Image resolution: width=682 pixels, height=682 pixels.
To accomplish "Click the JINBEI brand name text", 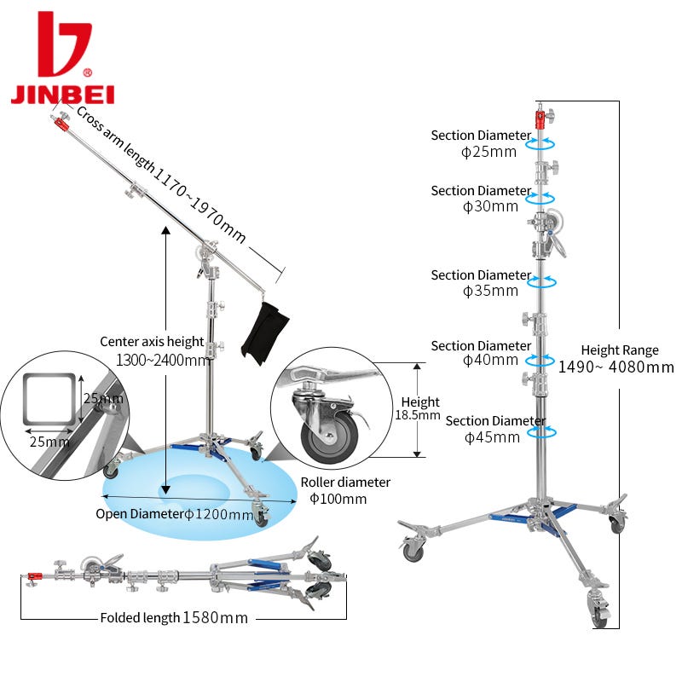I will point(62,93).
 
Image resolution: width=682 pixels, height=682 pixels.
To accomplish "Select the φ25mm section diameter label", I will point(489,153).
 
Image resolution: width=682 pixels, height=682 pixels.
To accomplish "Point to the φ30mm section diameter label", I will point(490,206).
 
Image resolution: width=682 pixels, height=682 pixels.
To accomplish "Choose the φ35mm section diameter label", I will point(490,291).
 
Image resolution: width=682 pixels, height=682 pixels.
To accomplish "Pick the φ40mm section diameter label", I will point(490,361).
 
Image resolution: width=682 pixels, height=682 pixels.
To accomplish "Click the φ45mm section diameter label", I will point(492,437).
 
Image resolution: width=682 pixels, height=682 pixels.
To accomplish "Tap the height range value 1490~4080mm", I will point(616,367).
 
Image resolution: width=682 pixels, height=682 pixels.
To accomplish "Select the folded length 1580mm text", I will point(215,618).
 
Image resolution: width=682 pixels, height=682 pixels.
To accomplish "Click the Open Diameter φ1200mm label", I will point(174,514).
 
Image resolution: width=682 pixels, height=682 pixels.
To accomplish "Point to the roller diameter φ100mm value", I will point(338,499).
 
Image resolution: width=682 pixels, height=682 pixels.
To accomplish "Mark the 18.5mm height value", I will point(418,416).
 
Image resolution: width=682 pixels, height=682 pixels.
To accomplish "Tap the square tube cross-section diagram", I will point(48,397).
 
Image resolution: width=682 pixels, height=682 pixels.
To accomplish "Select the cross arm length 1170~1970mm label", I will point(162,174).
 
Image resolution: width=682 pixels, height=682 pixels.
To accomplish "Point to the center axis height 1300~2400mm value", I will point(154,360).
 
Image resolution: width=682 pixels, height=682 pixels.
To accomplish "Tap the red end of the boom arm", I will point(61,124).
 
